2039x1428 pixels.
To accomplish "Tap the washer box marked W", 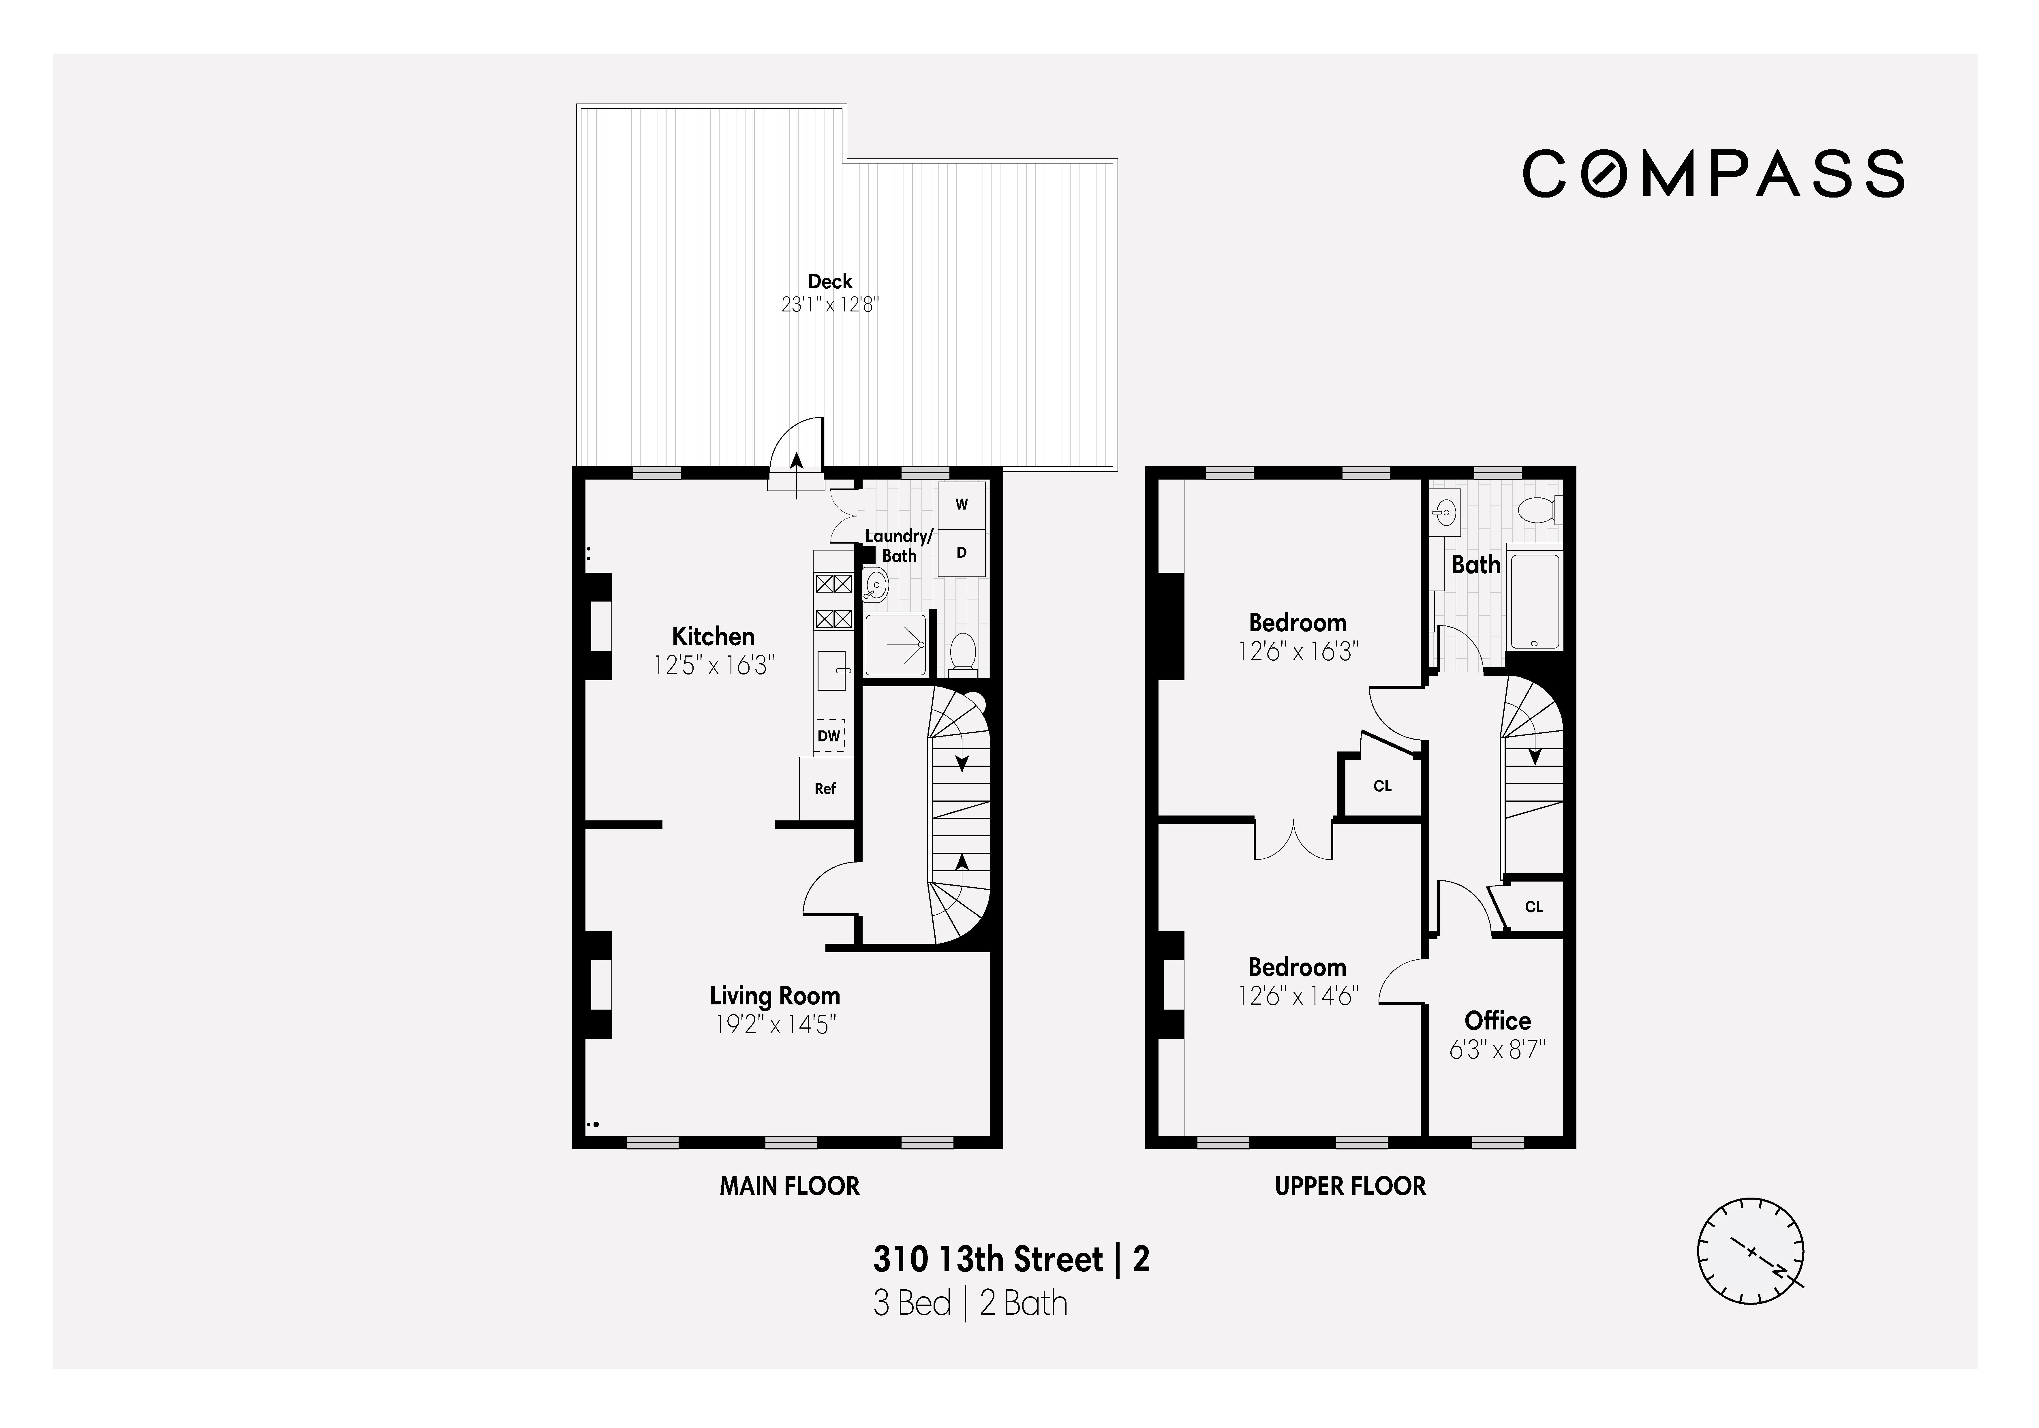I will click(x=961, y=504).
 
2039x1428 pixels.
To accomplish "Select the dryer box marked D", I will click(x=961, y=553).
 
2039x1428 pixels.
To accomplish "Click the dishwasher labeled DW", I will click(x=829, y=735).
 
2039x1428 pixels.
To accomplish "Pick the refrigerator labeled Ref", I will click(x=825, y=788).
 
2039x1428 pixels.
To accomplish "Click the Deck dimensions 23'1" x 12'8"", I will click(x=829, y=305).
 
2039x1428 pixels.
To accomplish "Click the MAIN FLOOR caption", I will click(x=789, y=1185).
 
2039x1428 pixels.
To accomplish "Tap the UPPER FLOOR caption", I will click(x=1350, y=1185).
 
